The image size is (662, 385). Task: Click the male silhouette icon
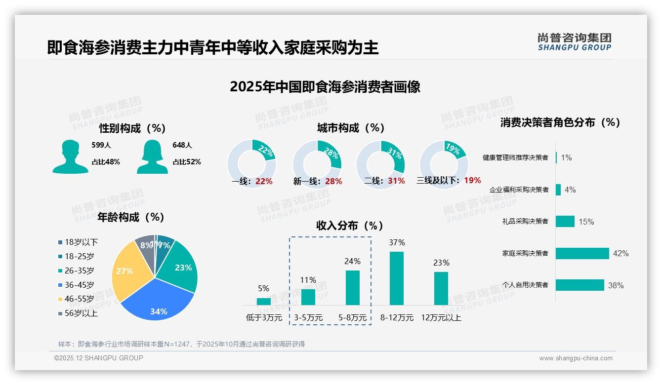point(70,156)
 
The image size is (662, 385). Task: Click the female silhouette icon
point(152,156)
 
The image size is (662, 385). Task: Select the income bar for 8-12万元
point(397,278)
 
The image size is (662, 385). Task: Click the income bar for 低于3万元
point(264,301)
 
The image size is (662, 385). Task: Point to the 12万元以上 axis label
point(441,317)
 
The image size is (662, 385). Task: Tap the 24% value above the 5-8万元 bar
point(352,261)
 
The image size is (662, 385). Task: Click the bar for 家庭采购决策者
point(582,253)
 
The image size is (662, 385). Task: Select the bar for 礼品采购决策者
point(565,221)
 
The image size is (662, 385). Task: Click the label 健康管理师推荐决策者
point(515,157)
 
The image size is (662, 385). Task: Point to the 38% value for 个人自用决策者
point(616,285)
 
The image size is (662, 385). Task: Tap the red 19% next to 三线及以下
point(472,180)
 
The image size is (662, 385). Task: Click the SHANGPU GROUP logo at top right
point(574,42)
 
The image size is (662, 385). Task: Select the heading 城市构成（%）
point(351,128)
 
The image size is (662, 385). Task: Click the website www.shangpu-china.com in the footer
point(576,358)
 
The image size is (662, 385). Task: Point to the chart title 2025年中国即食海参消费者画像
point(325,87)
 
